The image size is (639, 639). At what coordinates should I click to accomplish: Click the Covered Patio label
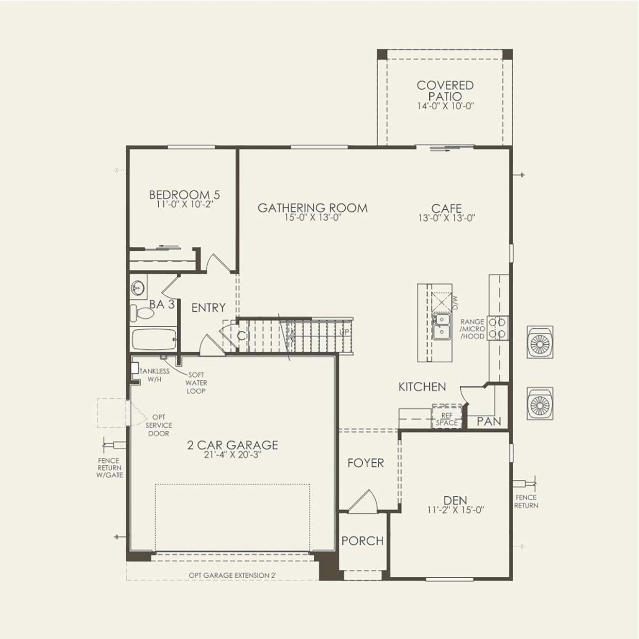pos(445,91)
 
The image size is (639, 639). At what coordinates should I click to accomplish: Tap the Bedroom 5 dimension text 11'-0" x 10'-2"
pos(184,204)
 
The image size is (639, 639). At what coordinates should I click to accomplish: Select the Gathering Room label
pos(312,208)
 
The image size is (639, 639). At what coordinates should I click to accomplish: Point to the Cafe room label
pos(446,208)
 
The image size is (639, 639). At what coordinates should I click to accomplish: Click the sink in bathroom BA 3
pos(138,288)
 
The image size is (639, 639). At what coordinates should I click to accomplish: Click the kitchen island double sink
pos(441,326)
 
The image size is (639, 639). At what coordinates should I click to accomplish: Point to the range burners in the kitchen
pos(498,328)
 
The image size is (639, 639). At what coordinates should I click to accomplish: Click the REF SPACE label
pos(446,419)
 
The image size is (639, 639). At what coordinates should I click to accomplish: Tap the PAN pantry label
pos(489,421)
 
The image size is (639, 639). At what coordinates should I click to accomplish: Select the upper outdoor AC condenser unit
pos(540,342)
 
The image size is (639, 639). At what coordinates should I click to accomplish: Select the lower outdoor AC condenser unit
pos(540,403)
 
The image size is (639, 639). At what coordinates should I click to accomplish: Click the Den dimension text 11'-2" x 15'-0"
pos(456,510)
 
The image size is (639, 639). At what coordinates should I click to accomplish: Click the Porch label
pos(362,541)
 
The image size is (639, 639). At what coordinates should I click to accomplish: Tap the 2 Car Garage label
pos(232,445)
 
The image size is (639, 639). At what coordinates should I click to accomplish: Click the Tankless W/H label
pos(154,375)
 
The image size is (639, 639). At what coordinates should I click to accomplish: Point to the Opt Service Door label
pos(159,425)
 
